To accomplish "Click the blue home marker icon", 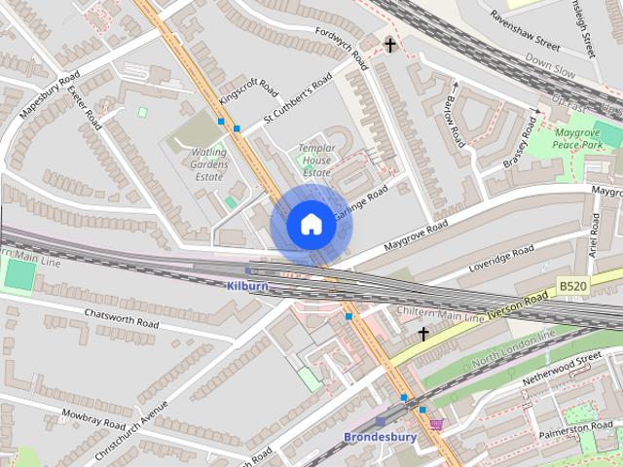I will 311,225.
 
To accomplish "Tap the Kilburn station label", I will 246,286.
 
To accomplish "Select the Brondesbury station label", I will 380,437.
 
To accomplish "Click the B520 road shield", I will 572,286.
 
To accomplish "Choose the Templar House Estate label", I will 316,160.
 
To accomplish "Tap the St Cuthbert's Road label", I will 298,100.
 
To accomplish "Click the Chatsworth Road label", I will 121,322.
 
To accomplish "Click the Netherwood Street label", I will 562,368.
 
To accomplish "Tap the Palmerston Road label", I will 576,427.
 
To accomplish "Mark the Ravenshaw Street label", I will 526,30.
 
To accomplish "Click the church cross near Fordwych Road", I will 390,45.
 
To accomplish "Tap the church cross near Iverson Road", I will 423,334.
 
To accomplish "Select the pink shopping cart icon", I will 436,424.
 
